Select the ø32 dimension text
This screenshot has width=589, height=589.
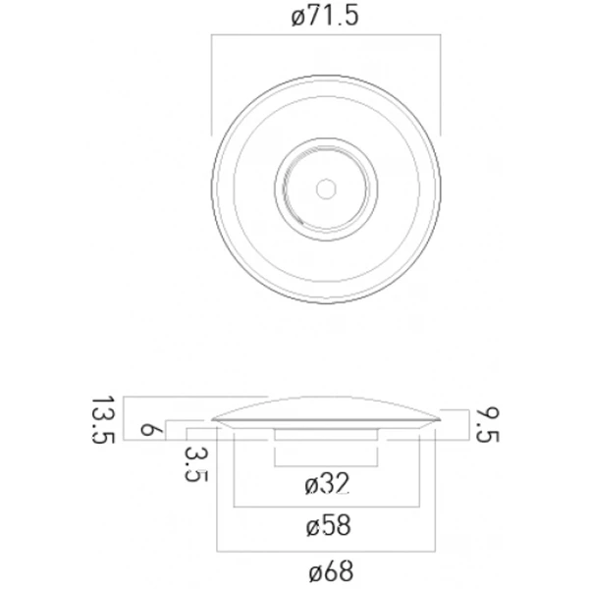coord(327,484)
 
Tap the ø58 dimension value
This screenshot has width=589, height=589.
coord(327,526)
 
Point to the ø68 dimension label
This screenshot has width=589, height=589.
coord(327,569)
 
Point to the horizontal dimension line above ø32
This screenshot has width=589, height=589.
coord(326,464)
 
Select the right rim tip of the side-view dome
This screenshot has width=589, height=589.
coord(439,418)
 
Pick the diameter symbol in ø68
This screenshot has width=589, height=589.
coord(310,569)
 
